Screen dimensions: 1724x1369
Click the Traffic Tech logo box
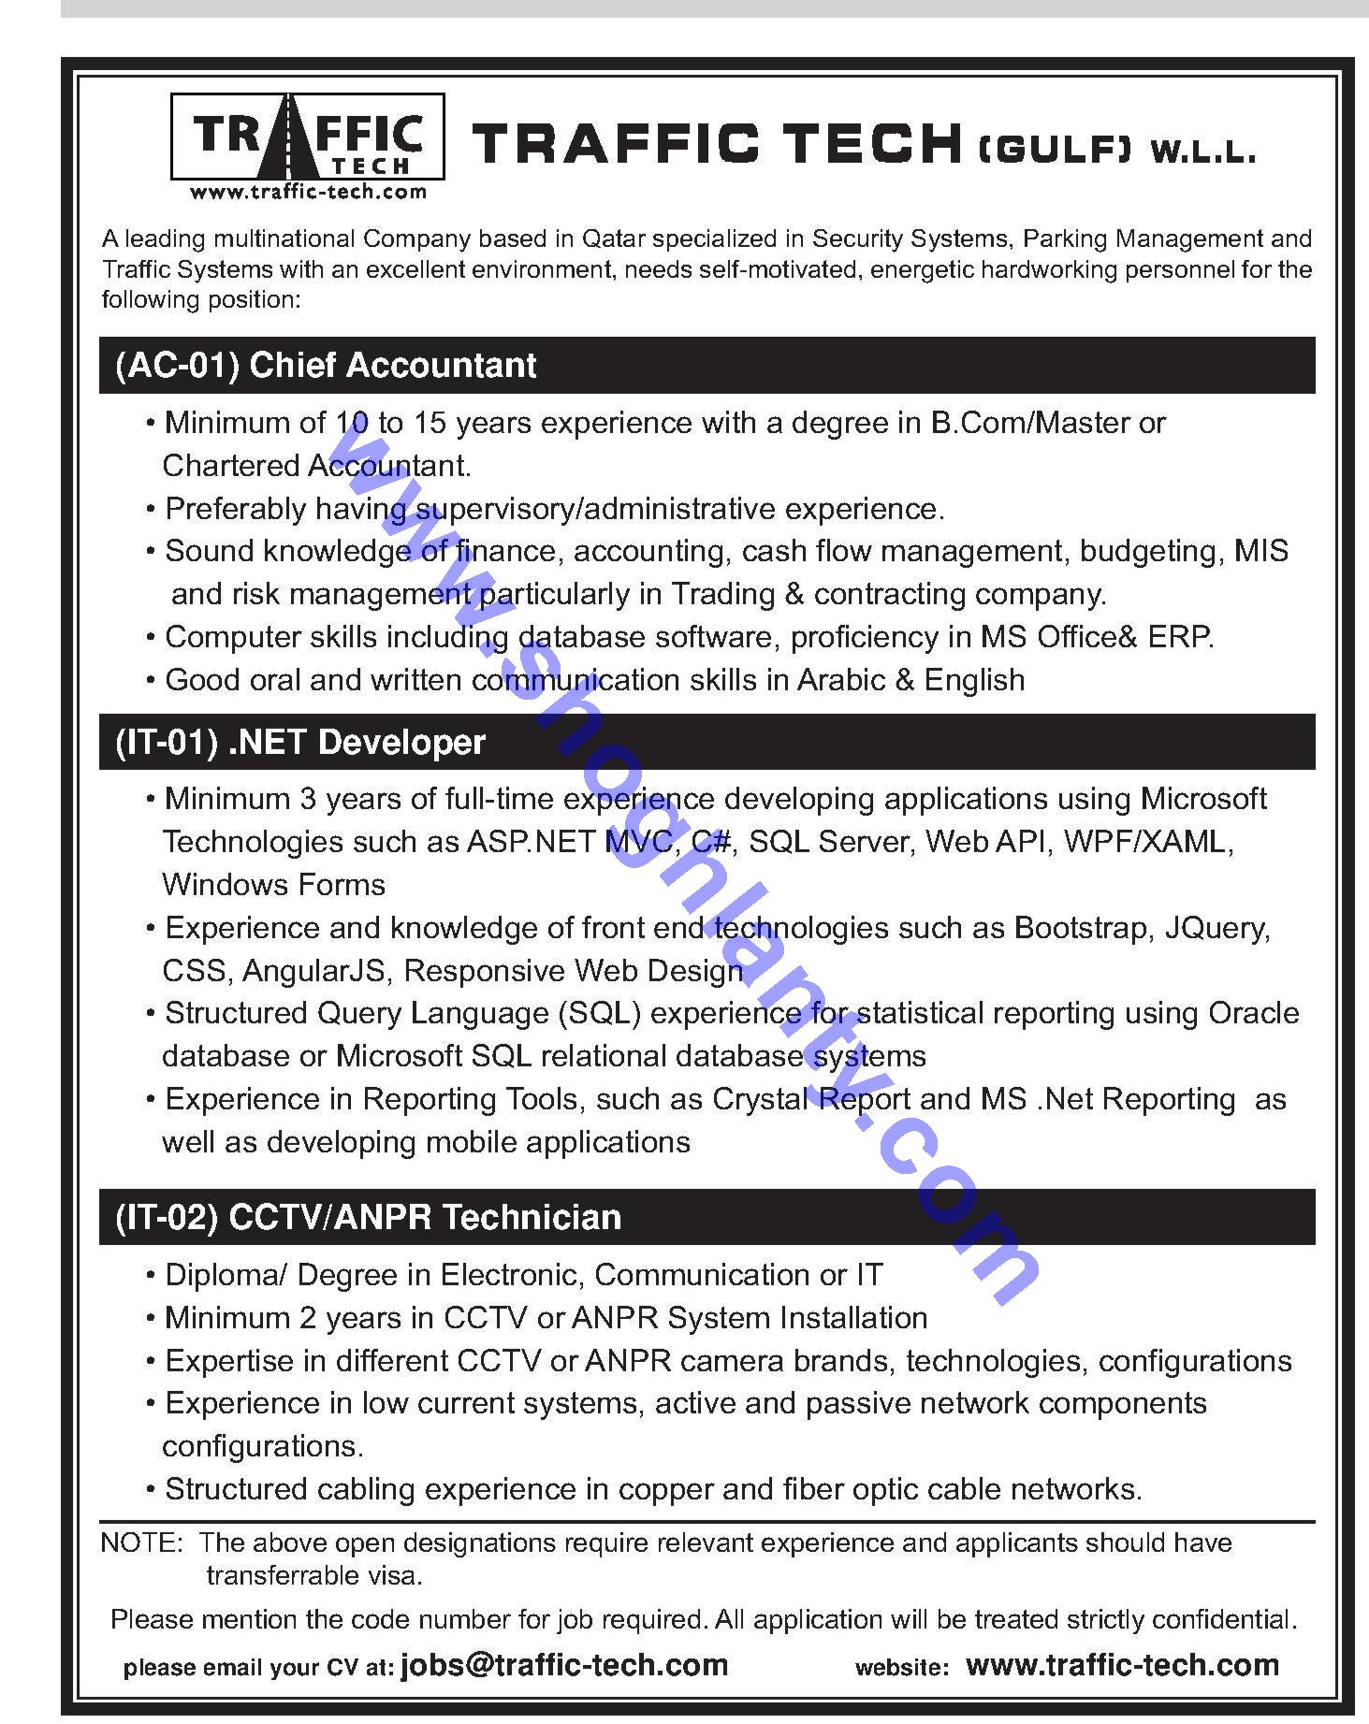307,137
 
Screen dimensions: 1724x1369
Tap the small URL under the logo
308,193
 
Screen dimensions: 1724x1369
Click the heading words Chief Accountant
393,366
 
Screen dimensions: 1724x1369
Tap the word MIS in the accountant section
1261,551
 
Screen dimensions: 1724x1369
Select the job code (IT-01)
167,743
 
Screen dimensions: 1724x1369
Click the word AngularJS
313,971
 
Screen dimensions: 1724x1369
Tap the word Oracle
1254,1013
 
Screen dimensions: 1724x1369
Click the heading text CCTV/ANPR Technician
425,1218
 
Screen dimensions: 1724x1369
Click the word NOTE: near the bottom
141,1543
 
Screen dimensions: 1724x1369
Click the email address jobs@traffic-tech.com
564,1665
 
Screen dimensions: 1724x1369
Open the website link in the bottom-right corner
1122,1665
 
